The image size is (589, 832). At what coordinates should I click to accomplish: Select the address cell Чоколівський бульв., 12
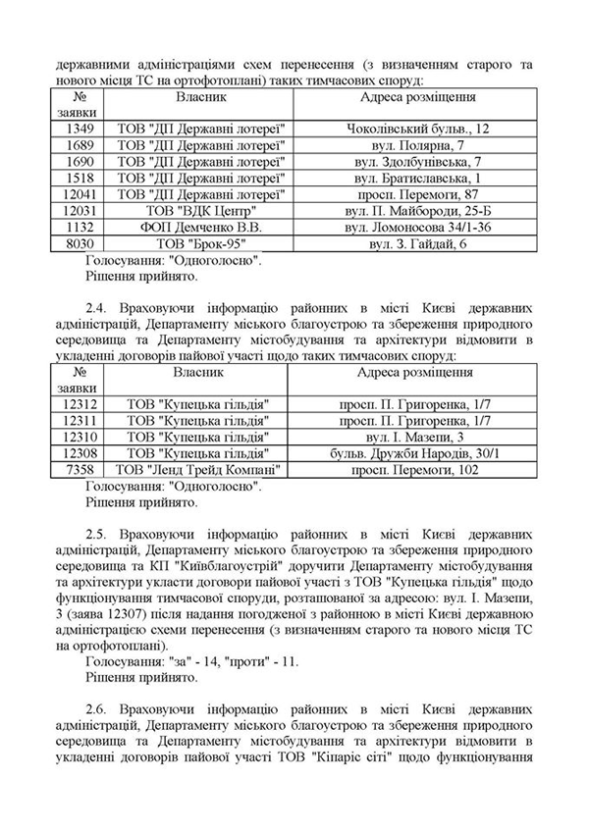click(418, 129)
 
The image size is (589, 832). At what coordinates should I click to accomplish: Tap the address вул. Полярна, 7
click(418, 145)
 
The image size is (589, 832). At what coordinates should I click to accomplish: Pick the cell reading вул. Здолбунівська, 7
click(418, 162)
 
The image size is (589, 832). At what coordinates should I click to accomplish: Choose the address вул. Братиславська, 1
click(418, 178)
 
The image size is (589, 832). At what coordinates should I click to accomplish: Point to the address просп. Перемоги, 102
click(418, 470)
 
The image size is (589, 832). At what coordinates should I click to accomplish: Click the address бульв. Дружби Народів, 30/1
click(418, 453)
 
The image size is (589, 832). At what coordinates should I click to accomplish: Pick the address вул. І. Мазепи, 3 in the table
click(418, 437)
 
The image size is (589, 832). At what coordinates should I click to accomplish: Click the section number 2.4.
click(97, 322)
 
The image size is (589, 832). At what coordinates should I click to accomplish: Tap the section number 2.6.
click(97, 708)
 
